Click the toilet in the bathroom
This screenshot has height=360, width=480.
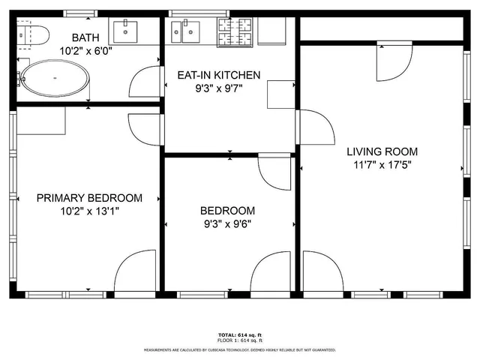click(x=33, y=34)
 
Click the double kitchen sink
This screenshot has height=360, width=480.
click(x=184, y=31)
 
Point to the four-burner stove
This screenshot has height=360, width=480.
click(x=236, y=29)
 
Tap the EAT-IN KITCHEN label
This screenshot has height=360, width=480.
click(x=218, y=75)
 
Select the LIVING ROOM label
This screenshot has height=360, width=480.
click(x=382, y=151)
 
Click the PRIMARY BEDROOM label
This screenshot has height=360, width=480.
click(x=89, y=198)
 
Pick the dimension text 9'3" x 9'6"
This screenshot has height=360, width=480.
click(x=227, y=223)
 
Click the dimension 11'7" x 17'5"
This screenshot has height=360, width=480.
click(x=382, y=164)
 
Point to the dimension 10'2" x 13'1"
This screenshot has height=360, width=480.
click(x=89, y=211)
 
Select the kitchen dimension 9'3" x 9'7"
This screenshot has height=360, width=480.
click(x=218, y=88)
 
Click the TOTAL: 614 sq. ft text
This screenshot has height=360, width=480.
click(x=239, y=334)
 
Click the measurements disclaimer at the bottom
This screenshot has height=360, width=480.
click(x=239, y=349)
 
